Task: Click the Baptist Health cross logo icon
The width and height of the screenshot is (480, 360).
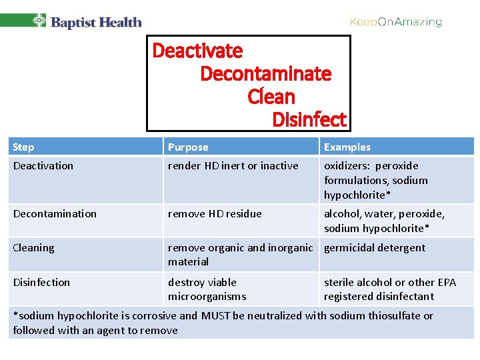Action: [39, 21]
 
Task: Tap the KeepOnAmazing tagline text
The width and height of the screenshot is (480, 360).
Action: [396, 22]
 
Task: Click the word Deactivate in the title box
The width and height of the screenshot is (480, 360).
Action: [198, 51]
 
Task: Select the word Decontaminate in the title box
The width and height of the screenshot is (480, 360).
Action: [265, 73]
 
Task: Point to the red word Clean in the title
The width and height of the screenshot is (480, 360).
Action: [271, 97]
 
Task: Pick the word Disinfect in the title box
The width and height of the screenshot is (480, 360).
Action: [309, 120]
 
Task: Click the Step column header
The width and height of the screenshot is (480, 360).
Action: [23, 147]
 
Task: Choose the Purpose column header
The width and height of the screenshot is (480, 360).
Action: [188, 147]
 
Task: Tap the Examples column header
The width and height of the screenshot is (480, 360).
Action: [347, 147]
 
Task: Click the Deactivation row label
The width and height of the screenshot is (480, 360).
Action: [43, 166]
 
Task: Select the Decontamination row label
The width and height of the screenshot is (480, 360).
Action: [55, 214]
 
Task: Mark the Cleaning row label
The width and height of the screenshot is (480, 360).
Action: [34, 248]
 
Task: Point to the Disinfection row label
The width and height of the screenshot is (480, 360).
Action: [41, 283]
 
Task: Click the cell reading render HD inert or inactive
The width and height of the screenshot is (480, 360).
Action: [233, 166]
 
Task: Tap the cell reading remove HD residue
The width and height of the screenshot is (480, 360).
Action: [215, 214]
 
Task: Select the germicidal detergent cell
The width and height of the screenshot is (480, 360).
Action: [375, 248]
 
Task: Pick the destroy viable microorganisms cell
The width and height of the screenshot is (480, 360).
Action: [207, 289]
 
